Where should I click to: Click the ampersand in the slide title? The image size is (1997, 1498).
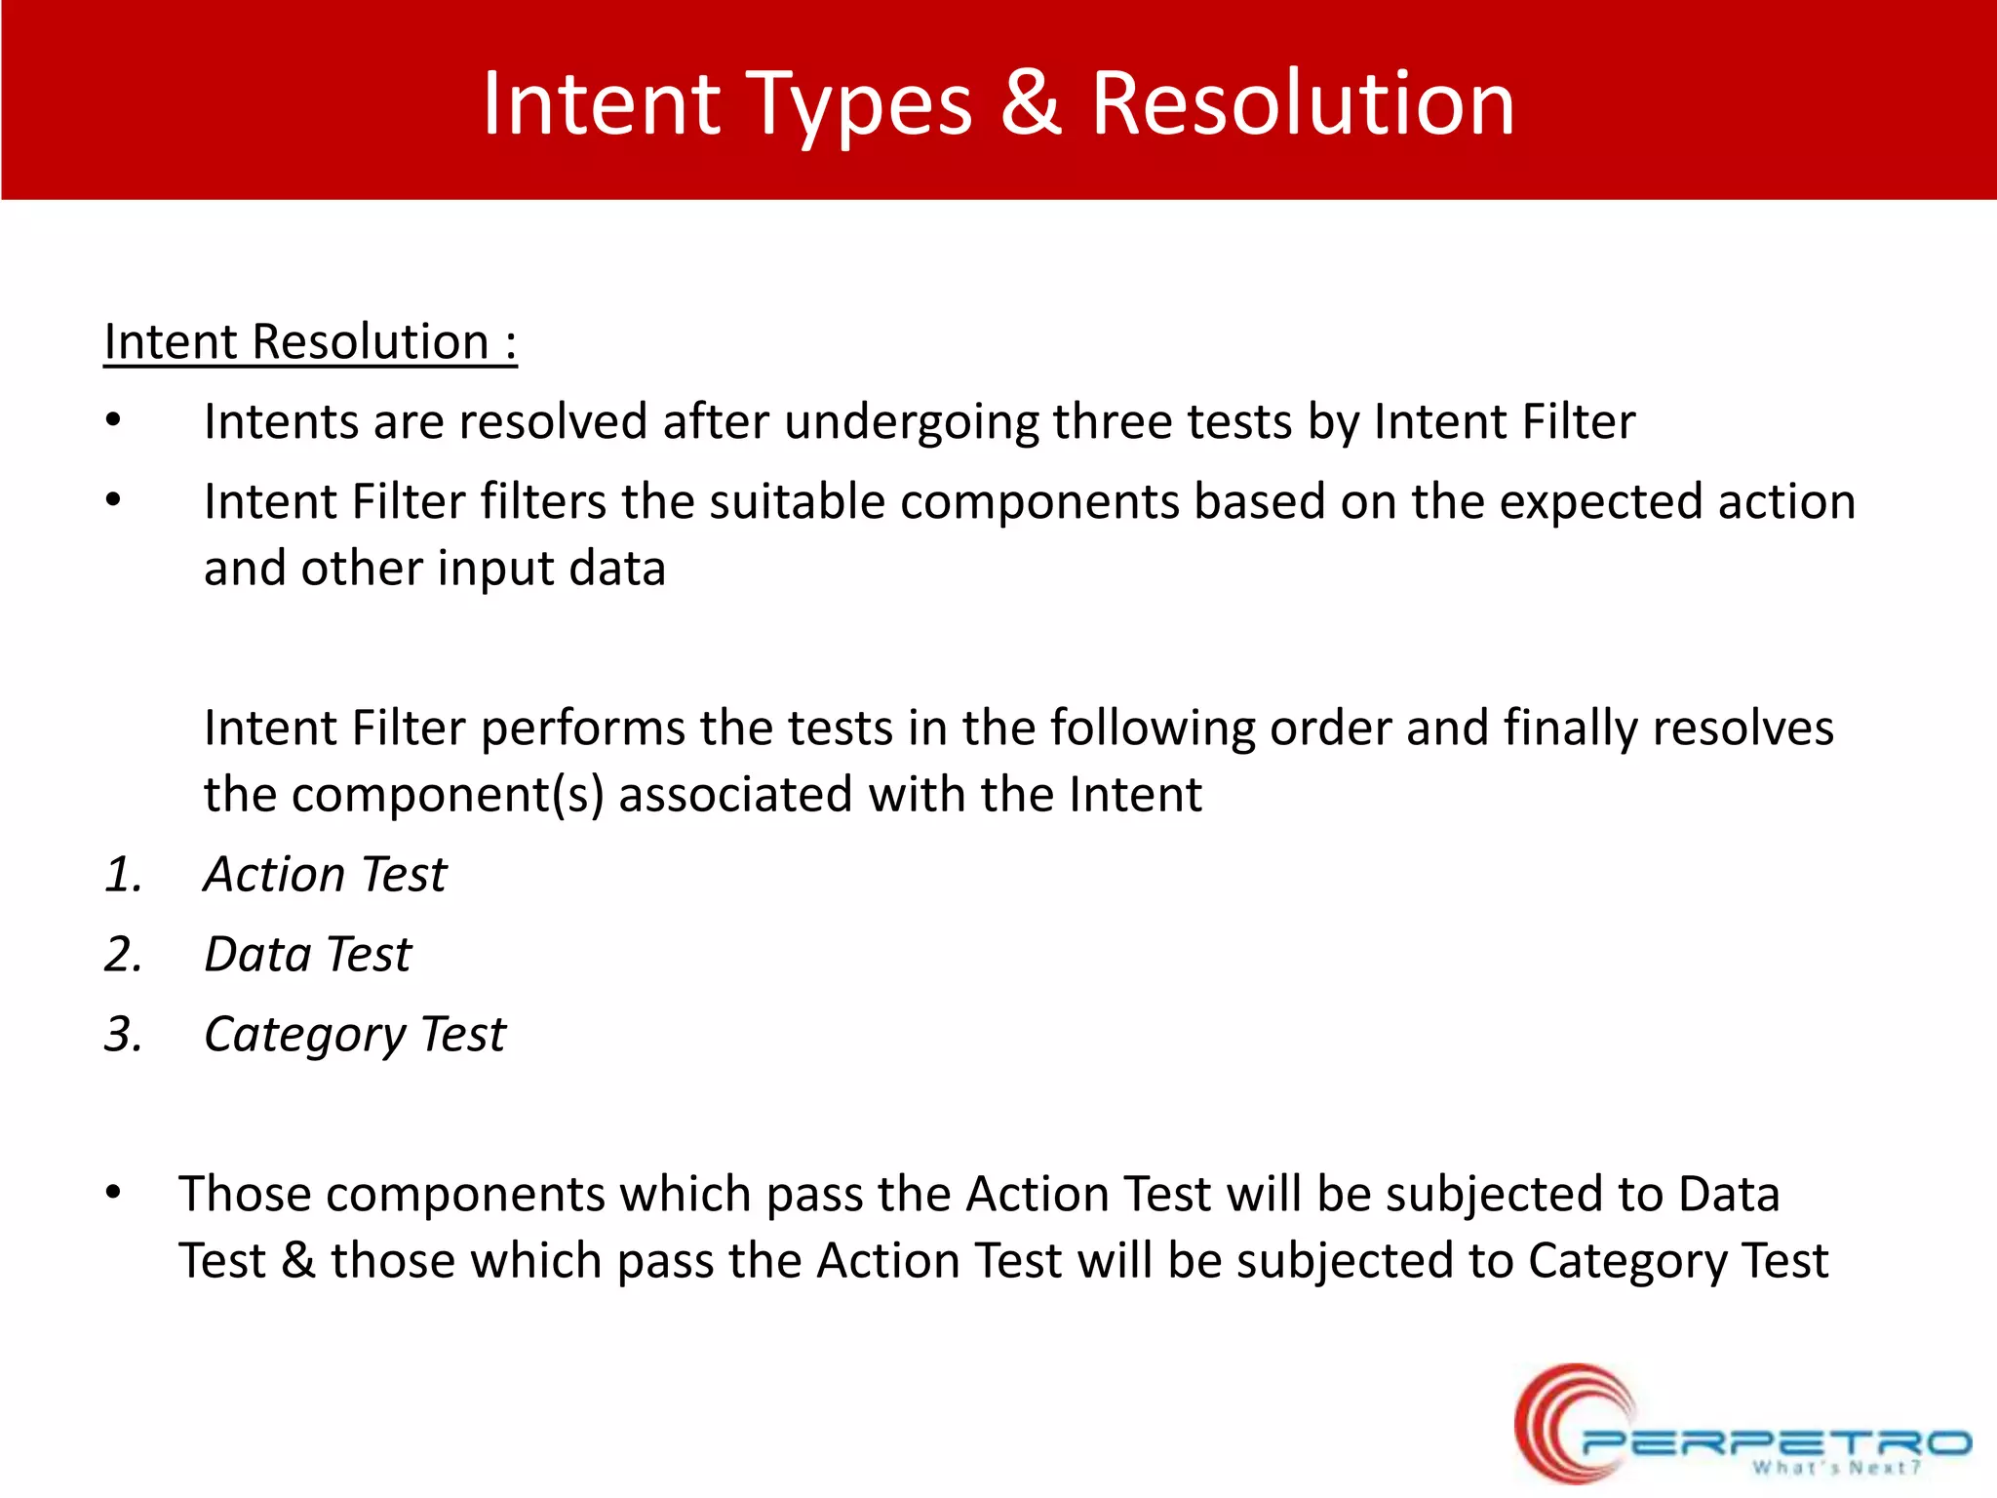pos(1031,103)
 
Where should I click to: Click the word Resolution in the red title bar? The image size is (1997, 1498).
pos(1302,103)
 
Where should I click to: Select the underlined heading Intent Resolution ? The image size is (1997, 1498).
pos(310,342)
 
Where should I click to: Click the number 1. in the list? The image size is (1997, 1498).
pos(124,875)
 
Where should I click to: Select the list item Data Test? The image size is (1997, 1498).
pos(307,955)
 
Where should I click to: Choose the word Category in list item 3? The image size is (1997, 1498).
pos(304,1036)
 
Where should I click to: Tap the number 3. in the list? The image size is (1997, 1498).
pos(124,1035)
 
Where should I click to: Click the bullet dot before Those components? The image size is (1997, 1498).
pos(113,1193)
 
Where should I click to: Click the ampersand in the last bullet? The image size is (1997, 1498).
pos(298,1261)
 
